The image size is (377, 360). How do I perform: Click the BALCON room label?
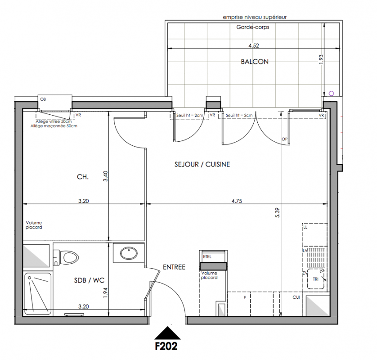pyautogui.click(x=255, y=62)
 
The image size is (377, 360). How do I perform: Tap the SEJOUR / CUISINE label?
pyautogui.click(x=202, y=165)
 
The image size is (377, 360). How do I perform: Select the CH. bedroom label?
pyautogui.click(x=83, y=177)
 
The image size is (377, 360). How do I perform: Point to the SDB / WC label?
pyautogui.click(x=89, y=280)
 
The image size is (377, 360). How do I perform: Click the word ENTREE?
pyautogui.click(x=174, y=267)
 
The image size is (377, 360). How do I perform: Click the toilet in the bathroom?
pyautogui.click(x=69, y=257)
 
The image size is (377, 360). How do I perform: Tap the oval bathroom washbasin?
pyautogui.click(x=129, y=253)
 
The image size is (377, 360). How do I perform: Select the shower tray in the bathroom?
pyautogui.click(x=38, y=293)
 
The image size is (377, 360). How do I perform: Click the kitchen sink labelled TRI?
pyautogui.click(x=316, y=279)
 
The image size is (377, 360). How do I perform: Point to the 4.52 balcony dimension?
pyautogui.click(x=254, y=45)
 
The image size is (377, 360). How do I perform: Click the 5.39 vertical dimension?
pyautogui.click(x=278, y=212)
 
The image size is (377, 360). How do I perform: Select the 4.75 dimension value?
pyautogui.click(x=237, y=201)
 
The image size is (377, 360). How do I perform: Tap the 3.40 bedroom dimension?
pyautogui.click(x=105, y=176)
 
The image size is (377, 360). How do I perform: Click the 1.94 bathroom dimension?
pyautogui.click(x=105, y=292)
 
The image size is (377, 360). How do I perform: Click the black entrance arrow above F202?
pyautogui.click(x=167, y=333)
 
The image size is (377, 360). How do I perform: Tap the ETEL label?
pyautogui.click(x=207, y=257)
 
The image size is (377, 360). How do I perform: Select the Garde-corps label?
pyautogui.click(x=253, y=27)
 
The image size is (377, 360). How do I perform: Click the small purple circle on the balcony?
pyautogui.click(x=331, y=94)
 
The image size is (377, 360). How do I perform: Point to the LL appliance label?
pyautogui.click(x=305, y=227)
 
